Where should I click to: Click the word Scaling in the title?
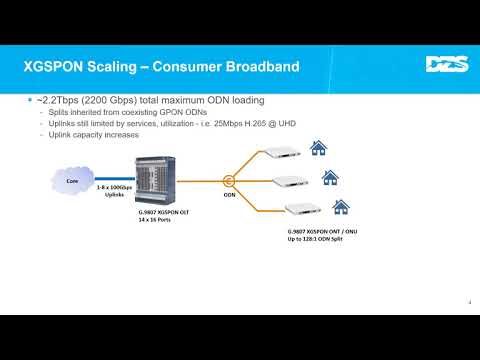point(111,67)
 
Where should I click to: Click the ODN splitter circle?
point(229,181)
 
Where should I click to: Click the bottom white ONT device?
point(300,210)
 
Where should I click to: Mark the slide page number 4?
point(470,304)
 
